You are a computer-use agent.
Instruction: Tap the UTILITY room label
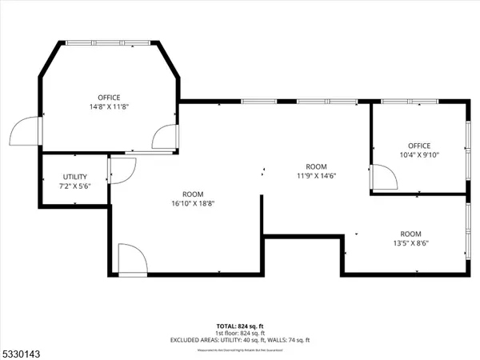point(75,177)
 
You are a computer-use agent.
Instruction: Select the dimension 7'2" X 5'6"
point(75,186)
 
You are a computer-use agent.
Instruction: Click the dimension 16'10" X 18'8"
point(193,202)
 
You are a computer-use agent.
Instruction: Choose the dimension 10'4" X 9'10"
point(418,154)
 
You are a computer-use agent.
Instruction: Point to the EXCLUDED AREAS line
point(238,341)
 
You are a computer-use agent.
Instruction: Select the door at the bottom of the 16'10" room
point(130,260)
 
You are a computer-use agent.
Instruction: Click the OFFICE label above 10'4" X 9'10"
point(418,145)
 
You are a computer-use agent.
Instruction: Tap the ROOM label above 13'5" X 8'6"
point(411,234)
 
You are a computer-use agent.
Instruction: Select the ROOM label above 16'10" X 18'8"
point(193,194)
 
